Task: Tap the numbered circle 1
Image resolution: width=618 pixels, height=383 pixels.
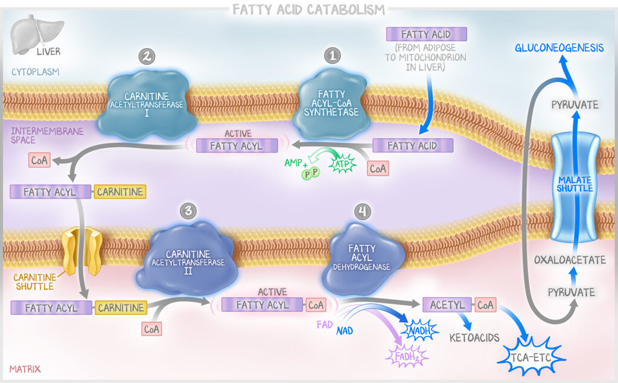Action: point(333,57)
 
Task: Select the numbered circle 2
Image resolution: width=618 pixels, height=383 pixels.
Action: point(147,57)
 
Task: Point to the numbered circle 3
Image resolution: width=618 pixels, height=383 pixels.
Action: point(188,210)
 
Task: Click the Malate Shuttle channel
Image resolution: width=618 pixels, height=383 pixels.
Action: point(575,188)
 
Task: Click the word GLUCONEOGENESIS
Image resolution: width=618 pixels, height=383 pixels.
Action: point(559,48)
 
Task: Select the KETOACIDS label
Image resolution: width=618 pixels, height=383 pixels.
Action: point(474,337)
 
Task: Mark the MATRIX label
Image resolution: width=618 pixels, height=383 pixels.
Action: point(25,369)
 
